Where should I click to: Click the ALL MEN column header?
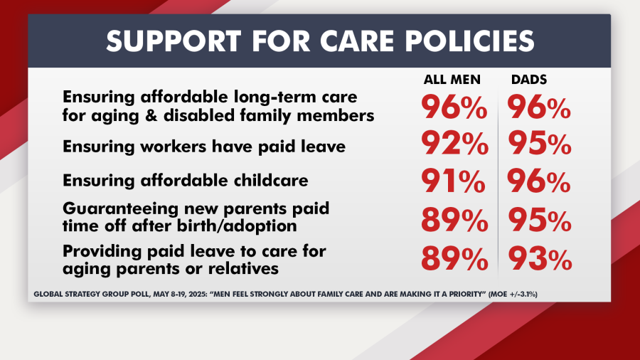452,80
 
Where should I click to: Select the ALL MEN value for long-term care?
453,107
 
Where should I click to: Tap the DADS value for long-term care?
538,107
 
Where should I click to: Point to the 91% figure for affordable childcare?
453,182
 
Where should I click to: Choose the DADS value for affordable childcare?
538,182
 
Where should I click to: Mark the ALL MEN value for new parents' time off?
453,221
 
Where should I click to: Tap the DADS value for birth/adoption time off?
538,221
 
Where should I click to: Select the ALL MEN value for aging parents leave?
453,258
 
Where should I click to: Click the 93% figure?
538,258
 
